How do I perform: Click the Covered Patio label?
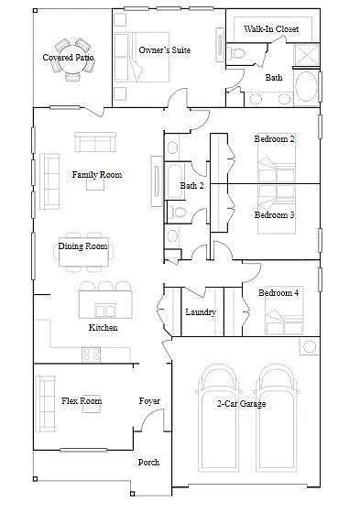68,58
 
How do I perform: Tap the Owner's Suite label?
165,50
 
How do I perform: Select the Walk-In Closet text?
271,28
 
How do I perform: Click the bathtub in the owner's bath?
306,87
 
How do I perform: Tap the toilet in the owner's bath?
236,53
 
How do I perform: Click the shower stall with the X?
307,55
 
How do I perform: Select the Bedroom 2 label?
274,138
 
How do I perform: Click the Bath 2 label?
191,185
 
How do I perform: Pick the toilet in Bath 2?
178,212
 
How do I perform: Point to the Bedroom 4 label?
278,292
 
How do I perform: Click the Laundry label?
201,311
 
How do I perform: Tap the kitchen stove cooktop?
92,355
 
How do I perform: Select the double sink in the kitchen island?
105,311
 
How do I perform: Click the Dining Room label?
82,246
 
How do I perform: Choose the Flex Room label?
82,401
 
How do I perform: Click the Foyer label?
149,401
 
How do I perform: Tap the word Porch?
148,463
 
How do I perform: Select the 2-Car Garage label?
241,404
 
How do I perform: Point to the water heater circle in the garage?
310,346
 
